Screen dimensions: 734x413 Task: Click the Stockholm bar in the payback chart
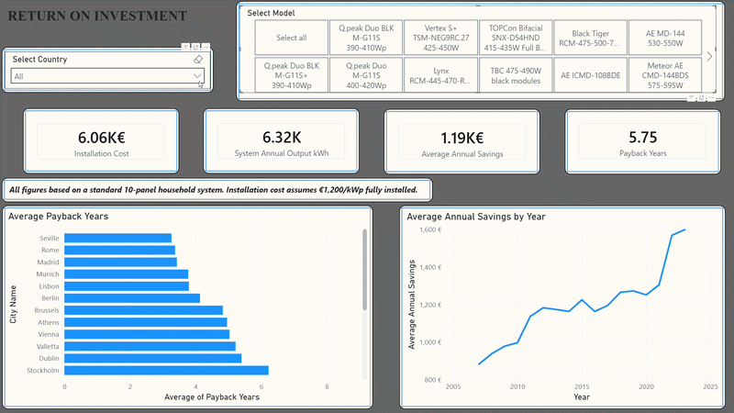pyautogui.click(x=166, y=371)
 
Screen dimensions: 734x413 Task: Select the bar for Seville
pyautogui.click(x=118, y=238)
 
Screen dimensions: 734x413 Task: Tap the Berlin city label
pyautogui.click(x=50, y=298)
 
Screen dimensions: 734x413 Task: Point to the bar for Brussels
pyautogui.click(x=144, y=310)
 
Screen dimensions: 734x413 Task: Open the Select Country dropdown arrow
pyautogui.click(x=197, y=76)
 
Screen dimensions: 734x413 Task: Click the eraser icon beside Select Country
pyautogui.click(x=198, y=60)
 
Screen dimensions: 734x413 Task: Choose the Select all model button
pyautogui.click(x=291, y=38)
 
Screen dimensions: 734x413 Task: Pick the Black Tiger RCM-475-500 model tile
pyautogui.click(x=590, y=38)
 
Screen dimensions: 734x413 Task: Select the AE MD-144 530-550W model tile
pyautogui.click(x=664, y=38)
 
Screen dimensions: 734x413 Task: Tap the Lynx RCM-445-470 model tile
pyautogui.click(x=440, y=75)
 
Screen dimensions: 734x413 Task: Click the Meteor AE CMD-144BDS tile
pyautogui.click(x=664, y=75)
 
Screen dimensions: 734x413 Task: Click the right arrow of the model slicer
pyautogui.click(x=709, y=56)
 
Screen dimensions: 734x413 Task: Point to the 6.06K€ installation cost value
pyautogui.click(x=102, y=138)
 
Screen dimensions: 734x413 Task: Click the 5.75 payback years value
pyautogui.click(x=643, y=137)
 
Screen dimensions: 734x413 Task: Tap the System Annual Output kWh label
pyautogui.click(x=282, y=153)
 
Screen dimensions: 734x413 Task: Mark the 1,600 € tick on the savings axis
pyautogui.click(x=430, y=229)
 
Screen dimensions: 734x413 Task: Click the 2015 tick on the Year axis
pyautogui.click(x=582, y=386)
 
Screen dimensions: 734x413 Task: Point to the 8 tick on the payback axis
pyautogui.click(x=327, y=386)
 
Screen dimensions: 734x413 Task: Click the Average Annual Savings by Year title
pyautogui.click(x=476, y=217)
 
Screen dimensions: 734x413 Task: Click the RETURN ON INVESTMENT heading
pyautogui.click(x=97, y=16)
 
